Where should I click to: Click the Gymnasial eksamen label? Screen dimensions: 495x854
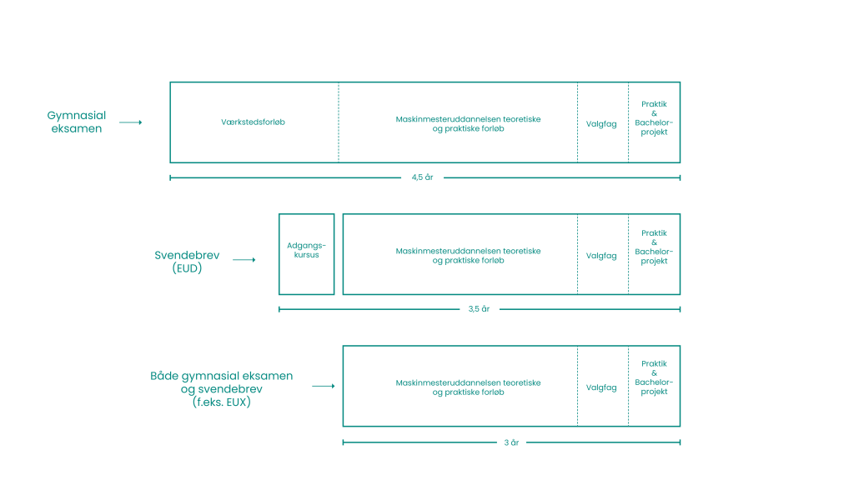76,122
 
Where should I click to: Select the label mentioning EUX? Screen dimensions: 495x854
221,388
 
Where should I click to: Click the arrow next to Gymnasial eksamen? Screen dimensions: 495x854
131,122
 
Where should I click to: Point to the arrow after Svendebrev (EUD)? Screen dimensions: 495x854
244,261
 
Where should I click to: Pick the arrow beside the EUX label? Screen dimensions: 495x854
323,386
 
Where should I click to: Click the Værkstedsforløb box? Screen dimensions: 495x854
254,122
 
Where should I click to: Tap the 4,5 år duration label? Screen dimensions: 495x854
423,177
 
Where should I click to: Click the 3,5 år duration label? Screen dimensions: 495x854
479,309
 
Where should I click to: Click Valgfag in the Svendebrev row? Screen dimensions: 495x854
601,255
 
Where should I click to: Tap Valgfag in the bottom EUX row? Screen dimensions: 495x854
601,387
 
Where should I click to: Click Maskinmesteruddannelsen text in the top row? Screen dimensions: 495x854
468,124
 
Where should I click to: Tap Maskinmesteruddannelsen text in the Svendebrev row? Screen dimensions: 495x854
468,255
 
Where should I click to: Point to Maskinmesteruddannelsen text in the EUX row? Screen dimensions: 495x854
468,387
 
